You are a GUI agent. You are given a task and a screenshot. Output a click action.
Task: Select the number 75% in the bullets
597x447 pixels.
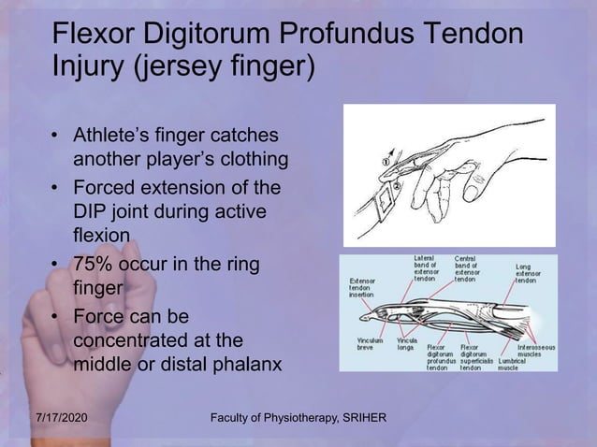click(95, 266)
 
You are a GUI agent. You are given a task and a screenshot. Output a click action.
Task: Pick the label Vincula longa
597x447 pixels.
click(408, 344)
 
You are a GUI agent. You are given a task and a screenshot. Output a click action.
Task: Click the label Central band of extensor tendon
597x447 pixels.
click(469, 267)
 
